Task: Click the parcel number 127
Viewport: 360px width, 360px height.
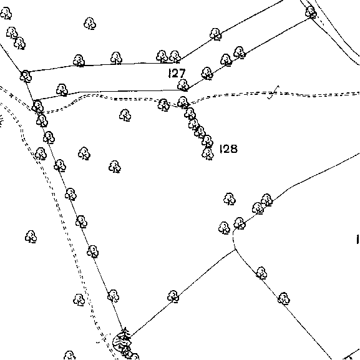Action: click(177, 73)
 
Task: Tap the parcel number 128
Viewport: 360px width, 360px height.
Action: click(228, 148)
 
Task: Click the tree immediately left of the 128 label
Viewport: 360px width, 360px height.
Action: click(208, 154)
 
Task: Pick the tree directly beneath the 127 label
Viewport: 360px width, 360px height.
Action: click(183, 85)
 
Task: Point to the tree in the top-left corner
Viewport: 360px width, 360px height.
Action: click(6, 13)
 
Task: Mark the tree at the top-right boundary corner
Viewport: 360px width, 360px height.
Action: click(311, 12)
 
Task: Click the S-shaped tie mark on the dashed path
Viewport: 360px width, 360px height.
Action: click(273, 92)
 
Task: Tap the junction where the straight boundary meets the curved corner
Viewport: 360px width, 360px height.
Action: click(235, 250)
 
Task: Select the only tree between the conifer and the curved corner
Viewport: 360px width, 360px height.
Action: click(173, 296)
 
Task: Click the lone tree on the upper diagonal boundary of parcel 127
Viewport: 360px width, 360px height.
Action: click(215, 34)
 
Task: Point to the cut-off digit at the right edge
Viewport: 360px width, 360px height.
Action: click(358, 239)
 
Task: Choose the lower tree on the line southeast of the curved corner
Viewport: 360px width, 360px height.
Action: click(283, 299)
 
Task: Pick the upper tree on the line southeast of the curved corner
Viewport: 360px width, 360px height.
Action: click(261, 273)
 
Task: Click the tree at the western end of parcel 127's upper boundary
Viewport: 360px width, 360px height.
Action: click(26, 77)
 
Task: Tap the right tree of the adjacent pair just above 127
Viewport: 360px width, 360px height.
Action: click(175, 57)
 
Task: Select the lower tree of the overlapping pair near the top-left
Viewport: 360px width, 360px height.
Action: click(20, 44)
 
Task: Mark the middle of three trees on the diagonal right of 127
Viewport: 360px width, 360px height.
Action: click(226, 60)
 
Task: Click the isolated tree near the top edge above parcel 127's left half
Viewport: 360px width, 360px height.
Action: click(90, 24)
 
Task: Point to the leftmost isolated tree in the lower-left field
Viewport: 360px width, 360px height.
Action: click(31, 236)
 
